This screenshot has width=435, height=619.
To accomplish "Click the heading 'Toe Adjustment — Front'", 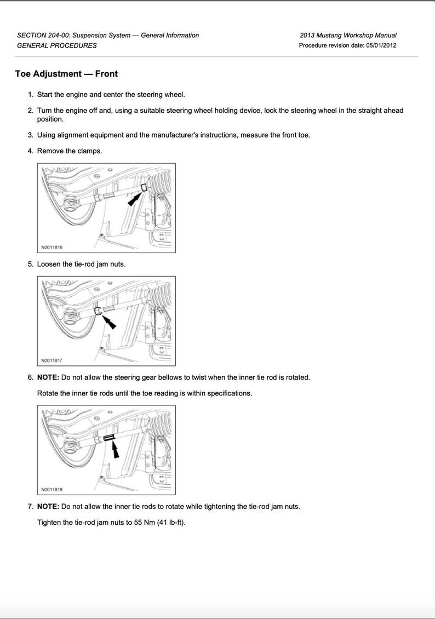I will (x=66, y=74).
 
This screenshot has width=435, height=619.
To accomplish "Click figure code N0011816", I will (x=51, y=247).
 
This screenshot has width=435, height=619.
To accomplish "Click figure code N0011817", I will (x=51, y=360).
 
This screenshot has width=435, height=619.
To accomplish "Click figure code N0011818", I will (x=51, y=489).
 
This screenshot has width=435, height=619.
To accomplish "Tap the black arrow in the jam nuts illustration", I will (x=109, y=321).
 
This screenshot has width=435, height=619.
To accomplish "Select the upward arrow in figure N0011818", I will (x=115, y=450).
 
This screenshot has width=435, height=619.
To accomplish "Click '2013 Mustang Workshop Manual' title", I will (x=348, y=36).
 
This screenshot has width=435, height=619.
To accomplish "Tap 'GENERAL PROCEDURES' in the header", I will (x=56, y=45).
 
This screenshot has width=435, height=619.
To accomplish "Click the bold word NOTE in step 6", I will (x=48, y=378).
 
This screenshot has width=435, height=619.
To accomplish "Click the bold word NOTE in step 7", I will (x=48, y=507).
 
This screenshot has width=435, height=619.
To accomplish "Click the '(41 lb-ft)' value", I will (x=171, y=523).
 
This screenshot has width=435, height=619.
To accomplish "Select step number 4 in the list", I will (x=31, y=151).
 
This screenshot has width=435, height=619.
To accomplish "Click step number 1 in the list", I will (x=31, y=95).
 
